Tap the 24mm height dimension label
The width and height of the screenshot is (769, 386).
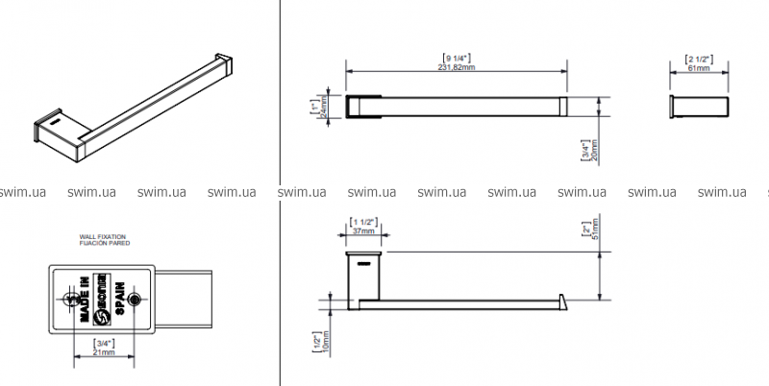[x=325, y=109]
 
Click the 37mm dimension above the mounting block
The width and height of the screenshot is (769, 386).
[x=362, y=231]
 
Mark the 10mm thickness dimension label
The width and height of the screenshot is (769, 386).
[x=326, y=343]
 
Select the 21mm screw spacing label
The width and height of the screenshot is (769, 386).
[x=104, y=352]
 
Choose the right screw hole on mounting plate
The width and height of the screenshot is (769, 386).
[x=134, y=300]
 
